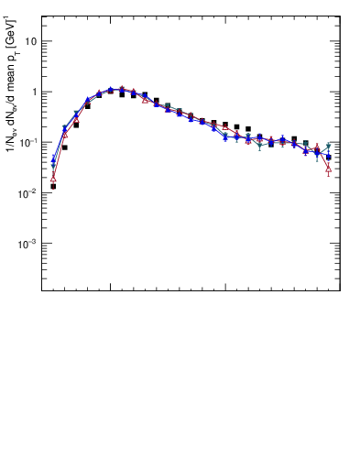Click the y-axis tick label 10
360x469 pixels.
30,41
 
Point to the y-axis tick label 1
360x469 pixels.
33,92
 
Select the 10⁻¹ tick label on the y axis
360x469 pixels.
27,142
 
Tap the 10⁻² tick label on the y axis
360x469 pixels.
27,192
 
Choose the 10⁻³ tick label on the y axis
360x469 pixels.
27,243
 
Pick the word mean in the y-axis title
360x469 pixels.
11,75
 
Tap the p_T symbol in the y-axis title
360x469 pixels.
12,52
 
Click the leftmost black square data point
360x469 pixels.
53,186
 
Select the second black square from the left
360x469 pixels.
64,147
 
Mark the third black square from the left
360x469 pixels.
76,125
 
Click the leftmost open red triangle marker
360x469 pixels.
53,177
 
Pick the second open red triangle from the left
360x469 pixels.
65,134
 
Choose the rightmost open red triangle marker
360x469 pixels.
329,168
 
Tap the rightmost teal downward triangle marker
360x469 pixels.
329,146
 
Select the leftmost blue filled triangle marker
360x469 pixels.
53,159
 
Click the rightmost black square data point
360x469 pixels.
329,157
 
